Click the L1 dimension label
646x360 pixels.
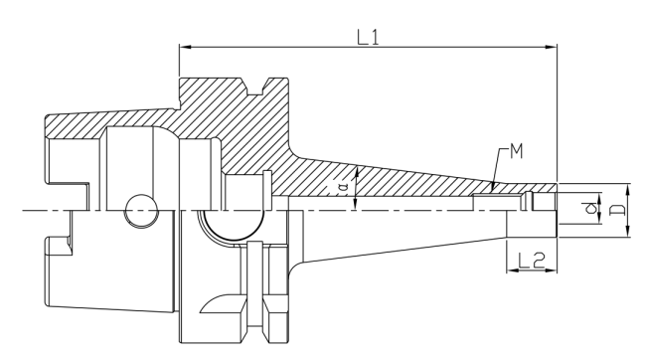368,38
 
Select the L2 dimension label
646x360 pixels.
531,261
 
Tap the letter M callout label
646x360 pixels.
516,152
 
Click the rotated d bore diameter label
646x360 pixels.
590,208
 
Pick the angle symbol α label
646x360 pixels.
343,188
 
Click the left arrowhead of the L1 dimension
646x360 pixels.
185,47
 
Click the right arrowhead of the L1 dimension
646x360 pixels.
552,47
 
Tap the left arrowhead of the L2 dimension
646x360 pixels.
512,270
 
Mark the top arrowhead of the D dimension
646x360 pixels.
628,189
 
